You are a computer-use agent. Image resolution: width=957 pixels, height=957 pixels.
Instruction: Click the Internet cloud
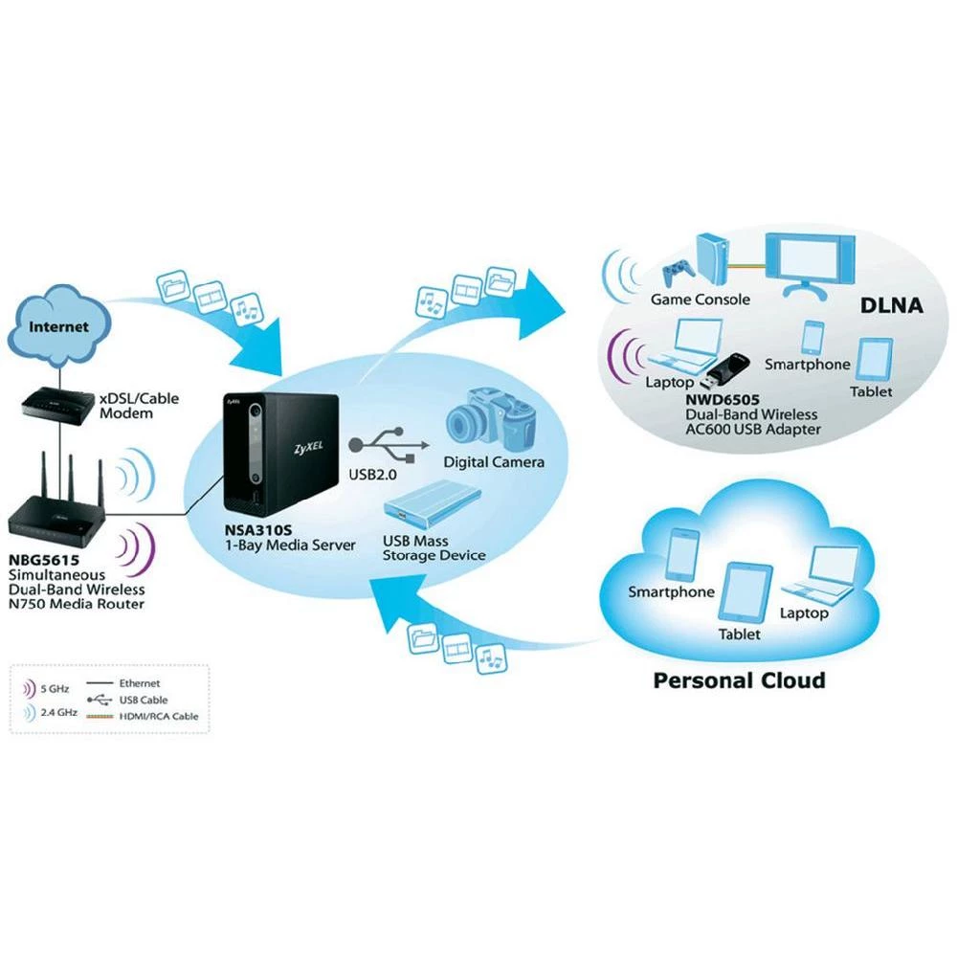click(x=58, y=328)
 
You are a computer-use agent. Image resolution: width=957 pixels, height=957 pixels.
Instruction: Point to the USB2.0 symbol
click(x=383, y=446)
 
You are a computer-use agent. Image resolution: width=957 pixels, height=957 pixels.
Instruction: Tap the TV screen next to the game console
click(x=813, y=256)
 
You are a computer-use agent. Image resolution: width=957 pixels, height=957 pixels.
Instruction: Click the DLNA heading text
click(x=889, y=306)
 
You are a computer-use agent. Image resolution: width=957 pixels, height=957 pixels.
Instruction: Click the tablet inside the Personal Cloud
click(x=746, y=592)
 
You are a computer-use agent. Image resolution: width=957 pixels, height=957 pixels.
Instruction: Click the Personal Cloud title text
click(x=738, y=680)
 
